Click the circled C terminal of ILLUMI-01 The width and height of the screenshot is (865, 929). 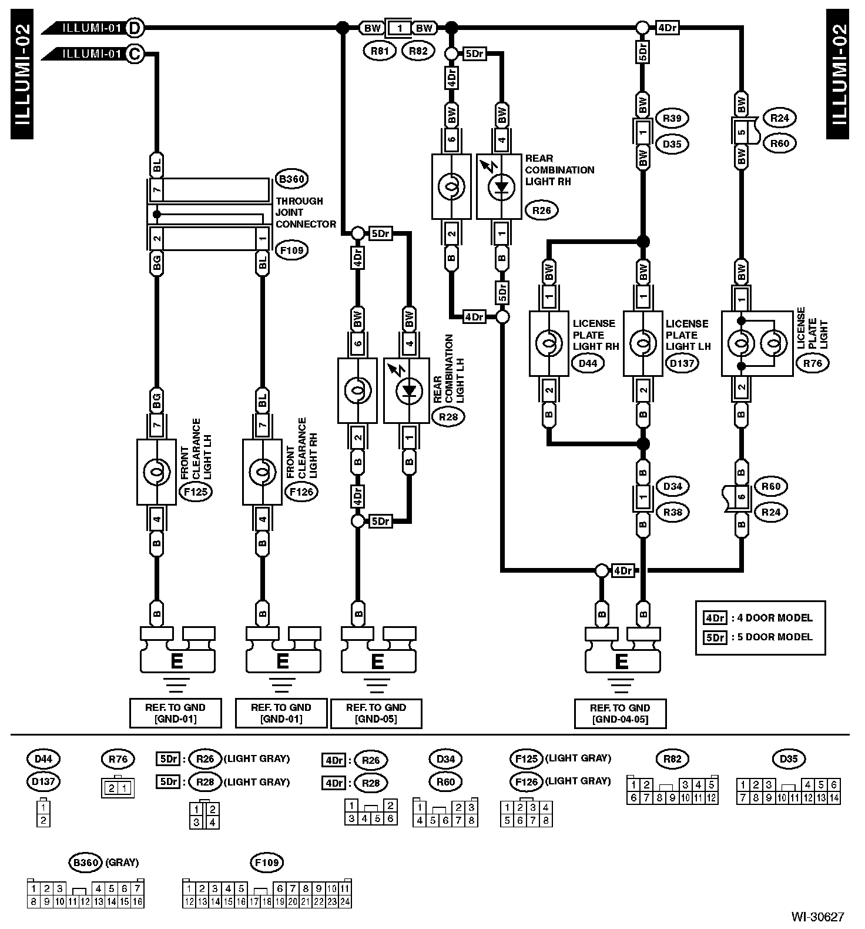coord(134,54)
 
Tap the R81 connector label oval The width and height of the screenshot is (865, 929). coord(380,51)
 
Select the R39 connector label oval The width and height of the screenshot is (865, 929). coord(672,118)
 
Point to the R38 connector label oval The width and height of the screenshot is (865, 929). coord(672,512)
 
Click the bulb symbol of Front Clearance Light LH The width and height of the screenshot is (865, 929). coord(156,472)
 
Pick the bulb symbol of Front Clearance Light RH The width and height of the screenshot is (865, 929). coord(262,472)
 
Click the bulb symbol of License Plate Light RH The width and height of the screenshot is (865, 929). coord(549,344)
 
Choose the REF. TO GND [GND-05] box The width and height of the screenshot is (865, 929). coord(376,713)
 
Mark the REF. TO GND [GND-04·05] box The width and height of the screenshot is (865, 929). coord(620,713)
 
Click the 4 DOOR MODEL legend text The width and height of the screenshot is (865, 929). coord(775,618)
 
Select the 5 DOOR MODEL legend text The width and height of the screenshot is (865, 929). coord(775,637)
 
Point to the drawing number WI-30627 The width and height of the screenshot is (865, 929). coord(817,917)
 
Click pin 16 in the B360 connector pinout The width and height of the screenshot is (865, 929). coord(138,901)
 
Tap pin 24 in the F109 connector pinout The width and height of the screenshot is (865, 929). coord(345,901)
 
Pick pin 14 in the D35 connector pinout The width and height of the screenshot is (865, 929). coord(834,798)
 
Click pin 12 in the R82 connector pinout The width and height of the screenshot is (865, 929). coord(711,798)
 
